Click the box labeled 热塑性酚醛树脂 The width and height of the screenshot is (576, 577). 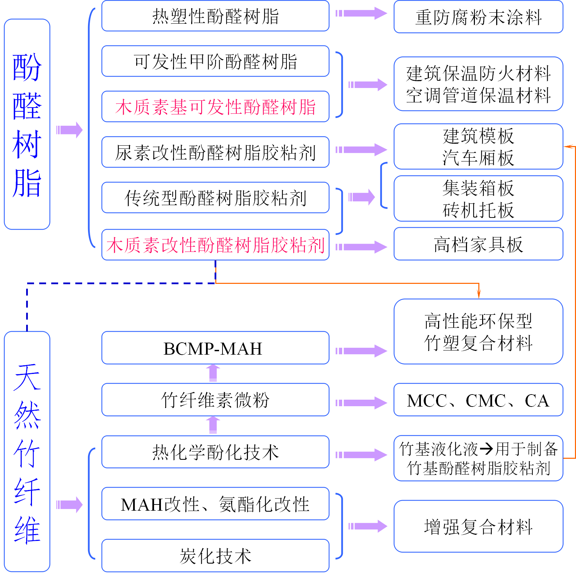(x=215, y=16)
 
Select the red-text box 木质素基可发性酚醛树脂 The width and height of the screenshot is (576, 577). (x=215, y=107)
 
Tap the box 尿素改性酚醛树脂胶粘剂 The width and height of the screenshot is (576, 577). (x=215, y=152)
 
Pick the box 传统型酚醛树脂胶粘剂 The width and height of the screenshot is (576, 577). (x=215, y=198)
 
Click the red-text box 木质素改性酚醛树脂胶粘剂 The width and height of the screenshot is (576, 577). (x=215, y=245)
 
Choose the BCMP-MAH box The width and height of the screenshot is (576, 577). (x=215, y=348)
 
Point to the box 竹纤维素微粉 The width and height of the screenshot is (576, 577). (x=215, y=400)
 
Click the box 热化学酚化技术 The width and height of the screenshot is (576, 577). (x=215, y=452)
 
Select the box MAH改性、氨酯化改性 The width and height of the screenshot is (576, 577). (x=215, y=504)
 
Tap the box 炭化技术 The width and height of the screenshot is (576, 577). (x=215, y=556)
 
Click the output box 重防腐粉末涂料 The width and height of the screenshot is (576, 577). (x=478, y=17)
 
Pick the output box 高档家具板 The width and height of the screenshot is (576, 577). (x=478, y=244)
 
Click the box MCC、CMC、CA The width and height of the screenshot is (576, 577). (x=478, y=400)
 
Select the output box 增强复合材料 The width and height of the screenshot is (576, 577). (x=478, y=526)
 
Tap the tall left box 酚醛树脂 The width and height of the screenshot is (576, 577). (x=27, y=124)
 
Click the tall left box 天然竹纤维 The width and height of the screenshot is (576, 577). (x=27, y=452)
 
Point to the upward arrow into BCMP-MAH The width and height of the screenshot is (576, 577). (x=213, y=373)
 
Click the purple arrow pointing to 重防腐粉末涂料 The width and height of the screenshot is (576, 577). (x=361, y=14)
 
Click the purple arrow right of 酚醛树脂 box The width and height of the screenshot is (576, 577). (x=69, y=130)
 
